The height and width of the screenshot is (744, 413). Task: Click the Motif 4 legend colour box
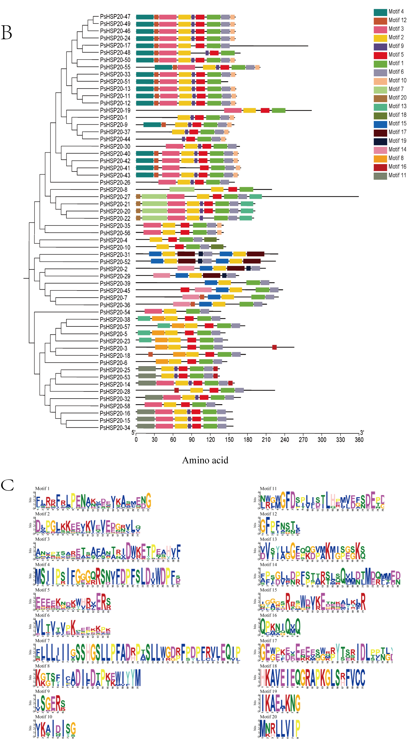tap(380, 12)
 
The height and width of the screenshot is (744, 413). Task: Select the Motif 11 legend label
tap(397, 175)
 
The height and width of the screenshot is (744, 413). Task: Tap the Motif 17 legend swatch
tap(380, 132)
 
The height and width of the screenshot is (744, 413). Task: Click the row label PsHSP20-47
tap(115, 17)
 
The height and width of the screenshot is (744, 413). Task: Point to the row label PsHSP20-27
tap(115, 197)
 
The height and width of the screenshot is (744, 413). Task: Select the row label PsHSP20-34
tap(115, 428)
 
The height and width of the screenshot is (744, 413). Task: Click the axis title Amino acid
tap(205, 460)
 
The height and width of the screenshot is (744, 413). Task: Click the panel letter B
tap(7, 33)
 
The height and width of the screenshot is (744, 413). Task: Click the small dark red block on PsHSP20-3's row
tap(274, 348)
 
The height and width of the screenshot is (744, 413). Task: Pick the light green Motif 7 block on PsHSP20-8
tap(182, 189)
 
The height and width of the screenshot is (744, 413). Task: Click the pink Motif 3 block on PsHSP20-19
tap(233, 110)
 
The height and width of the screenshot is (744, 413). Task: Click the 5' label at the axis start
tap(133, 432)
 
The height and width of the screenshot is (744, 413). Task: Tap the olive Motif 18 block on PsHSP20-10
tap(217, 247)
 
